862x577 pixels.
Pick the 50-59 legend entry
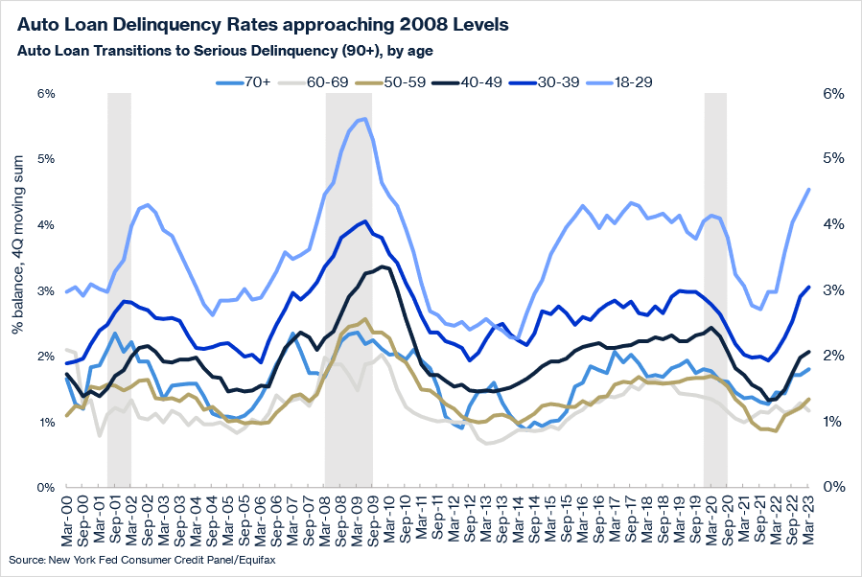(406, 82)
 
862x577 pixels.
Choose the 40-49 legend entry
(490, 82)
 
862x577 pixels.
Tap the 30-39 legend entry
(574, 82)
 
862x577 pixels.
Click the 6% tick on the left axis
(46, 94)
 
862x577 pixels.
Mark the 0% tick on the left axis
(46, 488)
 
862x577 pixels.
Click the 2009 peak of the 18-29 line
(364, 119)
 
